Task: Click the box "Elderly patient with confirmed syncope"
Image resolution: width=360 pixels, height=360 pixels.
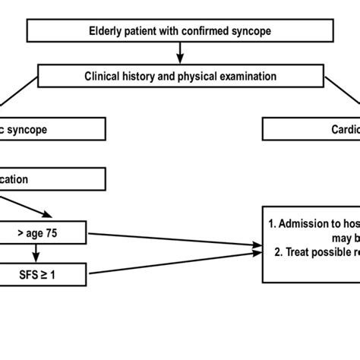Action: coord(180,32)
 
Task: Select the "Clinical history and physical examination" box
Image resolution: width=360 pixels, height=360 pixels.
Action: coord(180,76)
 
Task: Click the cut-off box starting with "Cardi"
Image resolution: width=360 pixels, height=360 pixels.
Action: coord(311,129)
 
